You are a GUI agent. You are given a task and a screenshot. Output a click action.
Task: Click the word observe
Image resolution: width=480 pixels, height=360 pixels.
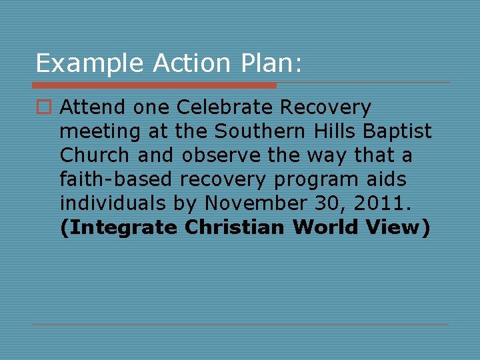coord(219,155)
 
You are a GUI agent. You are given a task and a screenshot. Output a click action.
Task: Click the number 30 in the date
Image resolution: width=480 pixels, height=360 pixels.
coord(341,203)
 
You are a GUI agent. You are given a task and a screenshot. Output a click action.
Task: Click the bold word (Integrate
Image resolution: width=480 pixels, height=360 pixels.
coord(119,227)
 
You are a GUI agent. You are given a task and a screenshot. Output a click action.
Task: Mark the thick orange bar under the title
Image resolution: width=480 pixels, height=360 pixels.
coord(154,85)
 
